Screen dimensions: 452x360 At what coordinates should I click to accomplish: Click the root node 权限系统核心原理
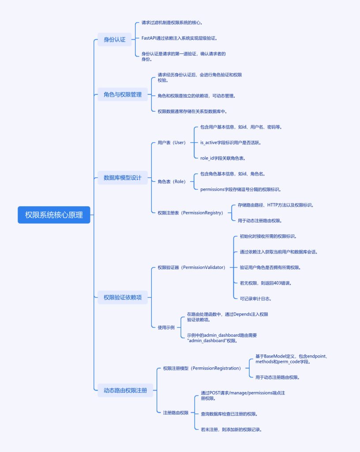click(x=54, y=215)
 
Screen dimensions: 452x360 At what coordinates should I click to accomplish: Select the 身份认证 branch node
click(x=114, y=40)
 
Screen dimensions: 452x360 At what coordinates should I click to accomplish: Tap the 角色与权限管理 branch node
click(x=122, y=94)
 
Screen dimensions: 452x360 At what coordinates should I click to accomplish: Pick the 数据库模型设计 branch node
click(x=122, y=178)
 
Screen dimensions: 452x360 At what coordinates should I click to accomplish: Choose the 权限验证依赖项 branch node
click(x=122, y=298)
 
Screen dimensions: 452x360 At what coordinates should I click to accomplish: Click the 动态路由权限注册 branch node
click(x=125, y=390)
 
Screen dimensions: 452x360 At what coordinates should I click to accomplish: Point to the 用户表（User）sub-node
click(x=172, y=143)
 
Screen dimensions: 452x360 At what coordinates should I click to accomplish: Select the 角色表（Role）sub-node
click(x=172, y=181)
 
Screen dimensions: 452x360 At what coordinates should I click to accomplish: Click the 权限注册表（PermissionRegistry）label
click(x=190, y=213)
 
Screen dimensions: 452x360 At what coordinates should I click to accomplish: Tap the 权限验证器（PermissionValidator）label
click(x=191, y=267)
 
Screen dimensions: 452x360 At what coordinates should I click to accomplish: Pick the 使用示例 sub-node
click(x=166, y=328)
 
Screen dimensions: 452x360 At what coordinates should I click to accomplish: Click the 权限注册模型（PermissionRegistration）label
click(x=202, y=368)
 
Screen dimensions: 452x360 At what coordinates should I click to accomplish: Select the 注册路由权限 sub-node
click(x=176, y=413)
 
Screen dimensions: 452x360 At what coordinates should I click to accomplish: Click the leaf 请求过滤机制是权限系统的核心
click(x=172, y=23)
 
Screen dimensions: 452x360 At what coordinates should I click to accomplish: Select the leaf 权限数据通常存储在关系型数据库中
click(x=192, y=111)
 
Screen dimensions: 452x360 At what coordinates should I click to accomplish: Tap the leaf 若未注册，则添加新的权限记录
click(x=232, y=429)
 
